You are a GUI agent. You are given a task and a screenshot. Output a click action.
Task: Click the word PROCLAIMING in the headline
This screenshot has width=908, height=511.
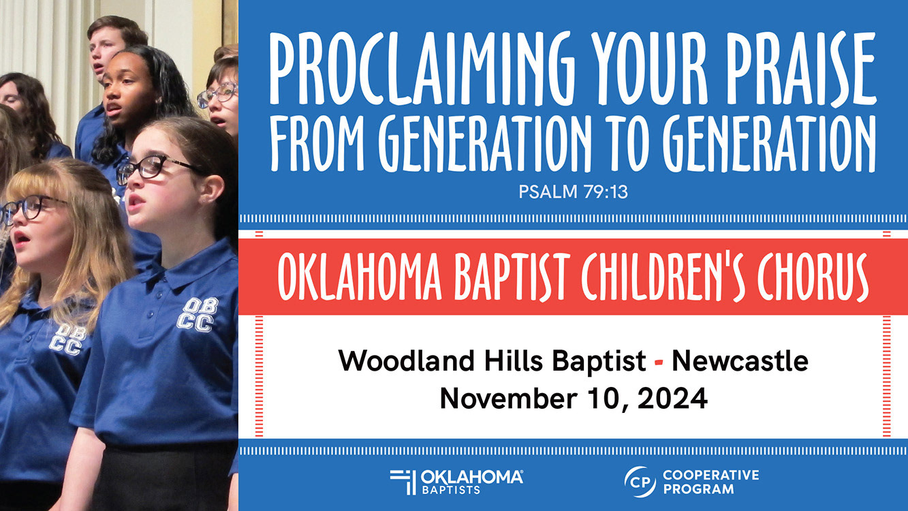[422, 69]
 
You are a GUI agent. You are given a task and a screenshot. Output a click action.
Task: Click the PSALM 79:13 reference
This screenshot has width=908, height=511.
[573, 192]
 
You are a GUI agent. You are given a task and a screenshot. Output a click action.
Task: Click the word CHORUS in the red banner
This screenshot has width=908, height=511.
[813, 277]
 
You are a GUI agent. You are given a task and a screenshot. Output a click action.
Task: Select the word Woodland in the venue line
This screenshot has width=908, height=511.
[406, 360]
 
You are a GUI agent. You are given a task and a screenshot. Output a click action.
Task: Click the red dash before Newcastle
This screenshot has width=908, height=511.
[659, 362]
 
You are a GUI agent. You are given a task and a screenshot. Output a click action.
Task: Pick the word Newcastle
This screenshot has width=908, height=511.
[740, 360]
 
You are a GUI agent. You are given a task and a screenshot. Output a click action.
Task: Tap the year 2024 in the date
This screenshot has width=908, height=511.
[673, 399]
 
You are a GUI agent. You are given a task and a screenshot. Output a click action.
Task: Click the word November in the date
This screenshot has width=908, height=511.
[508, 399]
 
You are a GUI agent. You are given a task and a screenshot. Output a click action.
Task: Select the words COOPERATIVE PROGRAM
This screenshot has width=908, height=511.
[711, 482]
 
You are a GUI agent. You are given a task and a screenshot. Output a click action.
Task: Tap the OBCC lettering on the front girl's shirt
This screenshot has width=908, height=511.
[197, 315]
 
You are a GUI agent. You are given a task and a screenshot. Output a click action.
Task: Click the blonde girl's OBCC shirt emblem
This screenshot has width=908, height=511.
[67, 340]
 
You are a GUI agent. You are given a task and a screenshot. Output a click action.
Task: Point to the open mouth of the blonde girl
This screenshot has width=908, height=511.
[22, 238]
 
